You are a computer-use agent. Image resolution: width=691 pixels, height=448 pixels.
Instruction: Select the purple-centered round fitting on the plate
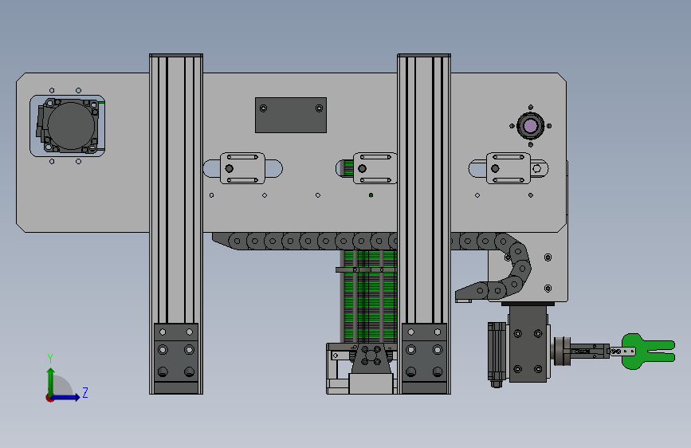pos(531,126)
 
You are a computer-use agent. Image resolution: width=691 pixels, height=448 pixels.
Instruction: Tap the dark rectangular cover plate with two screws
pos(291,115)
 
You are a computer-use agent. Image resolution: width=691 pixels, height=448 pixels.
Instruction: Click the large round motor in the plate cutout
pos(71,126)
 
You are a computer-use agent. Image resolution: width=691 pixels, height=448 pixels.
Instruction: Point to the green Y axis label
pos(50,359)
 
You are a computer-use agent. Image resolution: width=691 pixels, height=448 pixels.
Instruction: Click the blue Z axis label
pos(85,392)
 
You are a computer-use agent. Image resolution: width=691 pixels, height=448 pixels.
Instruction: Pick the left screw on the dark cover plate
pos(263,108)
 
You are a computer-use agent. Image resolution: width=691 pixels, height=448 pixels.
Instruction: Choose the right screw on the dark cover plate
pos(319,108)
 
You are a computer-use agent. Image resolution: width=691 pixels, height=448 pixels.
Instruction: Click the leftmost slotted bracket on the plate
pos(242,168)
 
